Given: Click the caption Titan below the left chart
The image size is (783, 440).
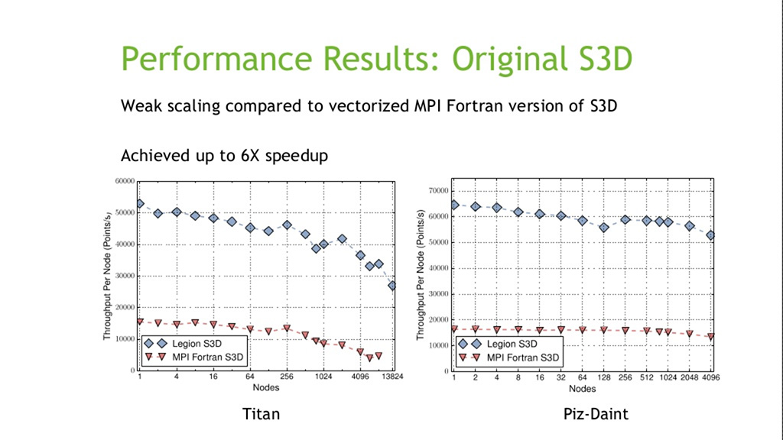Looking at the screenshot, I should tap(261, 414).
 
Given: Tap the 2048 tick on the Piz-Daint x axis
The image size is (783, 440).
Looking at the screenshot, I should tap(689, 377).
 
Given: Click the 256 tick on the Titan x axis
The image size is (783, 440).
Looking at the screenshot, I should tap(287, 377).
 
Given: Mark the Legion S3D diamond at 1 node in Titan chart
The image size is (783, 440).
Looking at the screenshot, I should tap(140, 204).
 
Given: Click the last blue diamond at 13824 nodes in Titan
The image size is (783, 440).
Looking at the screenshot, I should tap(392, 286).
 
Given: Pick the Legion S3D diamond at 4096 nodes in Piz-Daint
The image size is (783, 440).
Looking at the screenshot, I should tap(710, 235).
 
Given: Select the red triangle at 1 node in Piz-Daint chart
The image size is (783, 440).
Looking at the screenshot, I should tap(454, 329).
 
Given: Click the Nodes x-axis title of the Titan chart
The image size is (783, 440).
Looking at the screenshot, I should tap(266, 387).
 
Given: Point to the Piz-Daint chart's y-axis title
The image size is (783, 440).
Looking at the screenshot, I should tap(421, 275).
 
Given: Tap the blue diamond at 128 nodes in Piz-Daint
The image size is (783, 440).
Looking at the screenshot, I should tap(603, 228).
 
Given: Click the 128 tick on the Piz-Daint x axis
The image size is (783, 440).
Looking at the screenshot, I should tap(603, 377).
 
